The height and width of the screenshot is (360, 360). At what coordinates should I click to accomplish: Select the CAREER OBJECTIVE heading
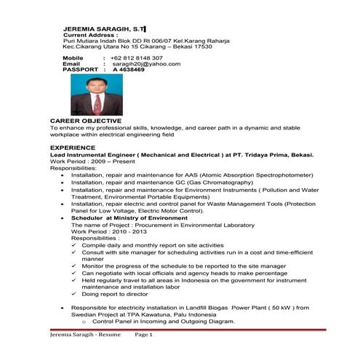[x=81, y=120]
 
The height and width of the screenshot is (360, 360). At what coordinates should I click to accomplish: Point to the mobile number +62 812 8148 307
[x=137, y=57]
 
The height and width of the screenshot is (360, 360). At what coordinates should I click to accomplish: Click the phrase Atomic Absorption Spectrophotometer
[x=260, y=175]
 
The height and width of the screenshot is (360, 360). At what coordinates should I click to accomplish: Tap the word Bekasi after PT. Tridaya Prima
[x=301, y=154]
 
